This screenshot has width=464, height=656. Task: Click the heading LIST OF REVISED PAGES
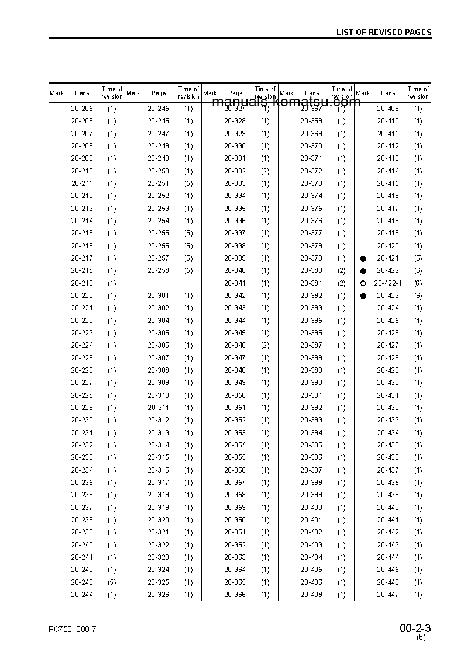click(x=383, y=32)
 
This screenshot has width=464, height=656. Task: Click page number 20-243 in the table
click(x=82, y=582)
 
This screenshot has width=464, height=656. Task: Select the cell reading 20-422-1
click(x=388, y=283)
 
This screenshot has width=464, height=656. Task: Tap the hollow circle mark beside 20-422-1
click(x=363, y=283)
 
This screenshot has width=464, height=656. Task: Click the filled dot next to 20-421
click(x=363, y=258)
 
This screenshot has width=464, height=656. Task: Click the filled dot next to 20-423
click(x=363, y=296)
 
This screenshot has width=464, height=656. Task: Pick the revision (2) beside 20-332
click(x=265, y=171)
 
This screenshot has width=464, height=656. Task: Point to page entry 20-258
click(x=158, y=270)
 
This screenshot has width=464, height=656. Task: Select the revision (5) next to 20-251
click(x=188, y=183)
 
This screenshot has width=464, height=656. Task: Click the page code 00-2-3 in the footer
click(x=415, y=629)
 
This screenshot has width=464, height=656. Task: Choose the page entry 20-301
click(x=158, y=296)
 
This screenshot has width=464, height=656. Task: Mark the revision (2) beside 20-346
click(x=265, y=345)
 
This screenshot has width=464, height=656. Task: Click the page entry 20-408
click(x=311, y=595)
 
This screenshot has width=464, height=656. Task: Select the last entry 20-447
click(x=388, y=595)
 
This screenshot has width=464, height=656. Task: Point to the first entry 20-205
click(x=82, y=109)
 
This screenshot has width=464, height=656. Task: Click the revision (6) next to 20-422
click(x=418, y=270)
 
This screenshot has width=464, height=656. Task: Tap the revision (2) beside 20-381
click(x=341, y=283)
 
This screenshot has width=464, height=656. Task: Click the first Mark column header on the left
click(x=57, y=93)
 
